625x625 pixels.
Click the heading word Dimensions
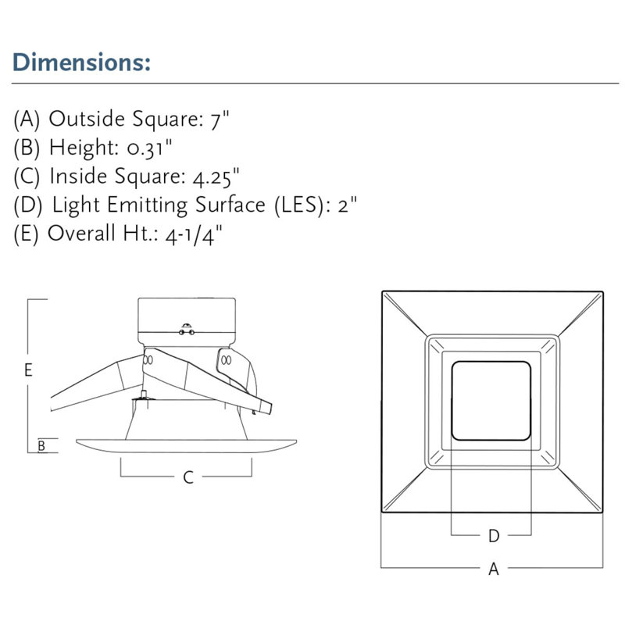81,62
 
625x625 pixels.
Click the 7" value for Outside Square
220,120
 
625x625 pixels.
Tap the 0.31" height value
149,148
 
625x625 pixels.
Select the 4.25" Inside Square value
216,177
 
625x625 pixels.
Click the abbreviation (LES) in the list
298,205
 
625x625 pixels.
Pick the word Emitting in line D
147,205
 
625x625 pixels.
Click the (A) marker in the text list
27,119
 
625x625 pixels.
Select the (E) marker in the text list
26,234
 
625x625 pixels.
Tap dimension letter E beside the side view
28,370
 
